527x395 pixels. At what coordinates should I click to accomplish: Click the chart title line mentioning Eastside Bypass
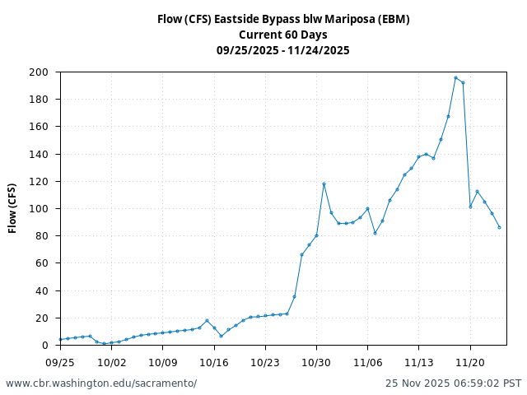point(283,19)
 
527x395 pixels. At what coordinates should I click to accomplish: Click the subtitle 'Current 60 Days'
point(283,35)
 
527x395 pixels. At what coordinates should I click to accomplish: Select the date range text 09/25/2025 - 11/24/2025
point(283,50)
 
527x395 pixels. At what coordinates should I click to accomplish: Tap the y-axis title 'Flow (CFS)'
point(12,208)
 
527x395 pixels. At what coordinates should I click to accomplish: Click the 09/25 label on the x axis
point(60,361)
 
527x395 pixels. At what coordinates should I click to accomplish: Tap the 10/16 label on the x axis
point(214,361)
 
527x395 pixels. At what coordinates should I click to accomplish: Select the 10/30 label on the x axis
point(316,361)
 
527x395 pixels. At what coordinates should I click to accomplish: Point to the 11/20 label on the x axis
point(470,361)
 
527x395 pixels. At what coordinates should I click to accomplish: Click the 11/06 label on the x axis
point(367,361)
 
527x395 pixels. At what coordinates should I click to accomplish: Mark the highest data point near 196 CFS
point(455,77)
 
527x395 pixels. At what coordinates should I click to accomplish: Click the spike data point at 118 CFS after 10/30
point(324,184)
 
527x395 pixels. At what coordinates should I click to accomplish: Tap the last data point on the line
point(499,227)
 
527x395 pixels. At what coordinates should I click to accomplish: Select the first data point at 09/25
point(60,339)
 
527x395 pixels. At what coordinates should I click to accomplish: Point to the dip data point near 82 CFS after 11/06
point(375,233)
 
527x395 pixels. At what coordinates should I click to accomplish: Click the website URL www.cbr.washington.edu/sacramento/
point(101,383)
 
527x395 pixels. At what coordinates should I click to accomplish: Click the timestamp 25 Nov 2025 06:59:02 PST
point(453,383)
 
